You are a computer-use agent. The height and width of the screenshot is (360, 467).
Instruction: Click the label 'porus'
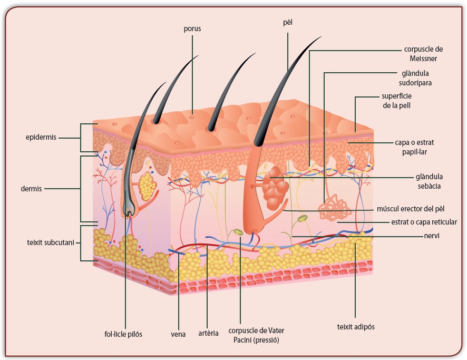coord(192,29)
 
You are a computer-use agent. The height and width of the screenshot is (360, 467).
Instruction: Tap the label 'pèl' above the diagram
coord(287,23)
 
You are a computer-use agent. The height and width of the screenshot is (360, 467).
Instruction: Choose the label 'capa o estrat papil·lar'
coord(414,147)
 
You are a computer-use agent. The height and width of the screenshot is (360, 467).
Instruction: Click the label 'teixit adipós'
coord(356,326)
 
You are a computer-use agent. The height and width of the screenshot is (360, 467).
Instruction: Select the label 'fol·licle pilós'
coord(123,334)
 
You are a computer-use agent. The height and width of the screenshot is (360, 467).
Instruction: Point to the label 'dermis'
coord(32,188)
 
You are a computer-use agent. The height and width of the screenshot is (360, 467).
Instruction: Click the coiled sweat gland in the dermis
coord(335,208)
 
